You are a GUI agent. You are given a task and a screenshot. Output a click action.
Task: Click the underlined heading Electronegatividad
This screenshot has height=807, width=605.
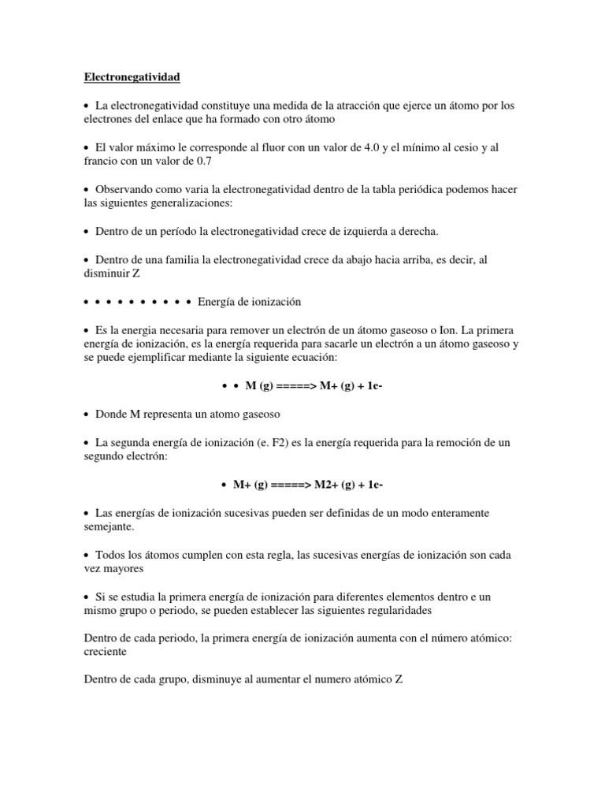tap(132, 77)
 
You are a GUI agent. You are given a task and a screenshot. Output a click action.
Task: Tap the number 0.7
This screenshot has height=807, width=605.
tap(203, 161)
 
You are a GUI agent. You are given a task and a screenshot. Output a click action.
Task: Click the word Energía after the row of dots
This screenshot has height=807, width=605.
tap(217, 302)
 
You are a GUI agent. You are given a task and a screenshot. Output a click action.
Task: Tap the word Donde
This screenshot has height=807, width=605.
tap(113, 413)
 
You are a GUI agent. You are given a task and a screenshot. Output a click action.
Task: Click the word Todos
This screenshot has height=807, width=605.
tap(112, 554)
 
